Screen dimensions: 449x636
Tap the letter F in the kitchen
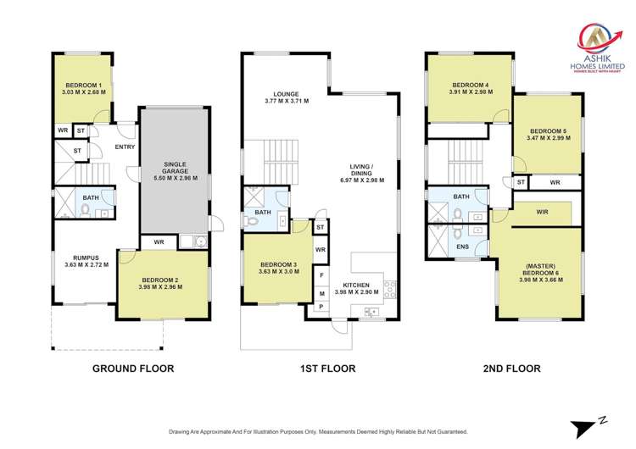click(x=321, y=276)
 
